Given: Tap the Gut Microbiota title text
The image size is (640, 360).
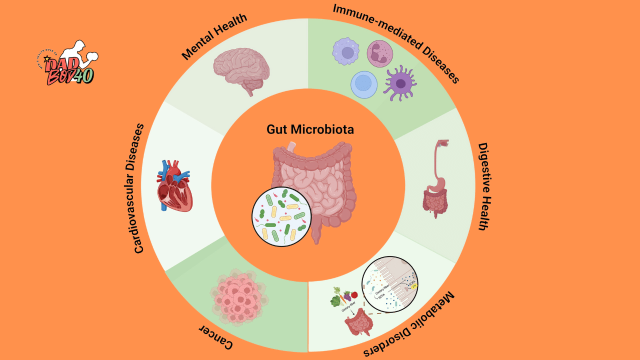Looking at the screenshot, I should click(x=310, y=129).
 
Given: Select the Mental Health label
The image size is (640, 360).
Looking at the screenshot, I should click(x=214, y=37).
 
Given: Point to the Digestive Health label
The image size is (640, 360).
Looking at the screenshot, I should click(x=482, y=186).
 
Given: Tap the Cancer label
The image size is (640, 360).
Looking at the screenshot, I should click(x=216, y=336).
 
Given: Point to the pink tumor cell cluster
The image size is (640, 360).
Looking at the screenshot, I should click(x=238, y=297).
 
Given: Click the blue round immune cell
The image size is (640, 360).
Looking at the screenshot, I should click(x=364, y=84).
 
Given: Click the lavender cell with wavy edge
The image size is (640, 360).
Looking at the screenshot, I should click(x=346, y=52).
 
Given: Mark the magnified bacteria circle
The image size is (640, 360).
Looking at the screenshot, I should click(x=281, y=216).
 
